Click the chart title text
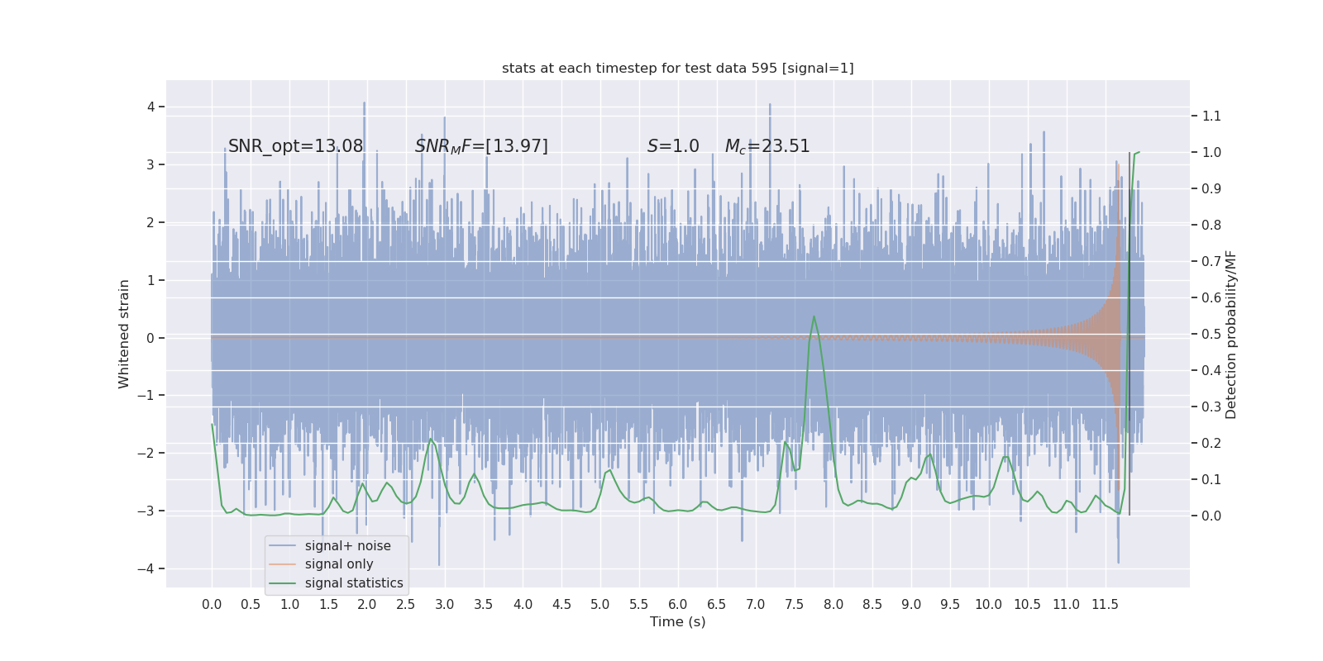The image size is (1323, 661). pos(677,69)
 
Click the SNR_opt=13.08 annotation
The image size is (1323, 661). pos(295,146)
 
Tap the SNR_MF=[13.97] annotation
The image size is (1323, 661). pos(481,146)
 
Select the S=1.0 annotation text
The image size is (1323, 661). pos(673,146)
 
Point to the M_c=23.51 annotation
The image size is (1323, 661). pos(767,146)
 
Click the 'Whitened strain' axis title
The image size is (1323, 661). pos(124,334)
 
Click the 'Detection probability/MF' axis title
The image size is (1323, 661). pos(1231,334)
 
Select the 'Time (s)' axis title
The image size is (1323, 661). pos(677,622)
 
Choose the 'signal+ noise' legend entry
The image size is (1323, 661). pos(347,546)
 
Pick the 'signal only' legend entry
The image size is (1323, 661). pos(338,564)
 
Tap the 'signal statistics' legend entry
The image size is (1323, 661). pos(353,583)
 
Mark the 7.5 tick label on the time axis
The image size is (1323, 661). pos(794,605)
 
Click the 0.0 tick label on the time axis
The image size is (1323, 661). pos(212,605)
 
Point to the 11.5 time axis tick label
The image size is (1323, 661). pos(1105,605)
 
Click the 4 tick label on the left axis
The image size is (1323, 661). pos(151,107)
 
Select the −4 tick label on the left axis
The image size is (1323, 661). pos(147,568)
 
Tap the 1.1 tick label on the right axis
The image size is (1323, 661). pos(1211,116)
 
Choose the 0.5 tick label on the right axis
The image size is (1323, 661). pos(1211,334)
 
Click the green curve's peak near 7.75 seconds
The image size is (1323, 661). pos(814,316)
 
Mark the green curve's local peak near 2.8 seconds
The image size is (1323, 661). pos(431,439)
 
